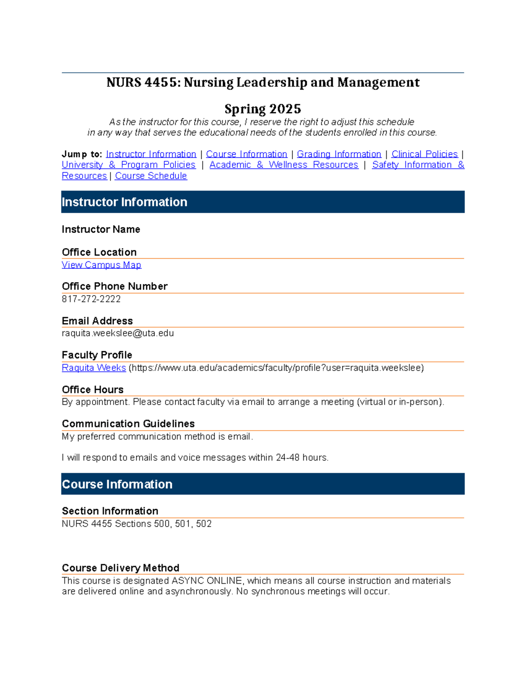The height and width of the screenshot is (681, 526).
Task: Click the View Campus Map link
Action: (101, 265)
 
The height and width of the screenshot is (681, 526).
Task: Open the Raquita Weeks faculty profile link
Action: (94, 367)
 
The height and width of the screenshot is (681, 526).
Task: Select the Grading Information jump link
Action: (339, 154)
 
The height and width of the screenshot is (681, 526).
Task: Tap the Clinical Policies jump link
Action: (424, 154)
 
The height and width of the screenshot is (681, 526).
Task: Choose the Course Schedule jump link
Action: (151, 176)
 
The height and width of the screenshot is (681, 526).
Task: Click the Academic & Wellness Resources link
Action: (284, 165)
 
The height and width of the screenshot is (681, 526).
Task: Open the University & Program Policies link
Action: (128, 165)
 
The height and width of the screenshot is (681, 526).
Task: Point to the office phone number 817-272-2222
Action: (91, 299)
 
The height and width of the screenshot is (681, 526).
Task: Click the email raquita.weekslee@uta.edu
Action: (118, 333)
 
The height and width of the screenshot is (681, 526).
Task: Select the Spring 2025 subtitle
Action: (263, 109)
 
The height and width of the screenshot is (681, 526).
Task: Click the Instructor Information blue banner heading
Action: (124, 202)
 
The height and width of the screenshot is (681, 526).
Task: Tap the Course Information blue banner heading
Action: (117, 484)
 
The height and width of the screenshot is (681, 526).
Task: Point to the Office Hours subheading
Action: (92, 389)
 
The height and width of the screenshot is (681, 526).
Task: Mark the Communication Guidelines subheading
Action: (128, 424)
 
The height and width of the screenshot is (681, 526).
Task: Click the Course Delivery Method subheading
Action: (121, 568)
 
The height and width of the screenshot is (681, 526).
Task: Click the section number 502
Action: (204, 524)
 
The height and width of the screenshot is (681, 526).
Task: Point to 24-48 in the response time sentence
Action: (288, 457)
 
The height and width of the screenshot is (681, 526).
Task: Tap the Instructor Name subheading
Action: (101, 229)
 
